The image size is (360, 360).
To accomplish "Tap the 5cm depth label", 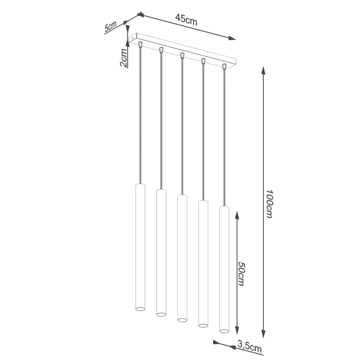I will [110, 27].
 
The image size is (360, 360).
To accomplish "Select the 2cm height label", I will [124, 58].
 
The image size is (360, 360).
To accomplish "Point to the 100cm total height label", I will [269, 204].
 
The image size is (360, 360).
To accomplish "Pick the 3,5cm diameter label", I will [250, 345].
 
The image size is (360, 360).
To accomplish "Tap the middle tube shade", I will [182, 257].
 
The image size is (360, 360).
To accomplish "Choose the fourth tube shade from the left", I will [203, 263].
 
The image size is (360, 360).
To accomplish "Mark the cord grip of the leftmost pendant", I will [140, 44].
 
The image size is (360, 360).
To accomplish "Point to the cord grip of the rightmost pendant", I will [224, 66].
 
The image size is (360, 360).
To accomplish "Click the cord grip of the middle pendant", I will [182, 55].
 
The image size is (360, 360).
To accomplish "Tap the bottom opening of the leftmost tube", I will [140, 309].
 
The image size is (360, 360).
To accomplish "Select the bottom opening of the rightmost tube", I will [224, 331].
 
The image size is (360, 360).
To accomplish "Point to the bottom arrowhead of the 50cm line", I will [237, 330].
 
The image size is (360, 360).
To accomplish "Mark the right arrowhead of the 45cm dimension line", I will [232, 39].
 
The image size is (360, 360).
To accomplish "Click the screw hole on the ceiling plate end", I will [132, 38].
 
